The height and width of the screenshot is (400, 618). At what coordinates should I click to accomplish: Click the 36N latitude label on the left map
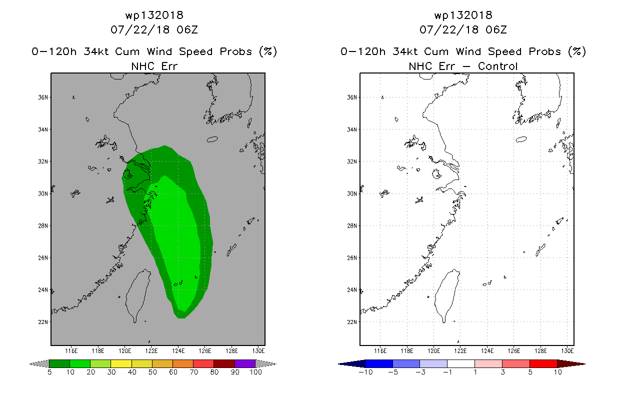(x=43, y=97)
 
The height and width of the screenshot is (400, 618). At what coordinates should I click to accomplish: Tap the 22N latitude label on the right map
(x=352, y=322)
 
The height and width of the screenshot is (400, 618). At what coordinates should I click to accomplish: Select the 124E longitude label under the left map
(x=178, y=351)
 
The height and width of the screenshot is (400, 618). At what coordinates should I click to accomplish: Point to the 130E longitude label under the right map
(x=567, y=351)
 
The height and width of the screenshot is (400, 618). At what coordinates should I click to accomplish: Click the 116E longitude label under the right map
(x=380, y=351)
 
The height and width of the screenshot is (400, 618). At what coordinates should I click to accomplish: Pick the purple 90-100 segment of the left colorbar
(x=245, y=363)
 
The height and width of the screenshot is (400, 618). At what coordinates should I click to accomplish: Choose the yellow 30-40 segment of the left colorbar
(x=121, y=363)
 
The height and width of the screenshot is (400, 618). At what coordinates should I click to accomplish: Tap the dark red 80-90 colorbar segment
(x=224, y=363)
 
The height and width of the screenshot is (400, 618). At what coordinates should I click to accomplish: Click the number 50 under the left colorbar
(x=152, y=372)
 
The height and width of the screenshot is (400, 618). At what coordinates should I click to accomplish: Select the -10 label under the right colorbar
(x=365, y=372)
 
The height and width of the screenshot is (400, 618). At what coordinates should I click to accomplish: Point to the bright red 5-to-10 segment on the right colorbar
(x=543, y=363)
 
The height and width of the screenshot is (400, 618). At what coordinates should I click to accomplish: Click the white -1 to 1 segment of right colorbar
(x=461, y=363)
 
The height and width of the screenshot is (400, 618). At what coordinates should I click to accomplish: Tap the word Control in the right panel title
(x=497, y=66)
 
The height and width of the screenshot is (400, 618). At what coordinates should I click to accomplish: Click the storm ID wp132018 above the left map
(x=154, y=15)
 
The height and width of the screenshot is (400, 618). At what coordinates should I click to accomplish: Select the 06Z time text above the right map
(x=496, y=29)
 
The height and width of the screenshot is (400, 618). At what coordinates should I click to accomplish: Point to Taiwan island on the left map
(x=136, y=295)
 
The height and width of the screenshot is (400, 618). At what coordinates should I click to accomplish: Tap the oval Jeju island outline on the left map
(x=212, y=139)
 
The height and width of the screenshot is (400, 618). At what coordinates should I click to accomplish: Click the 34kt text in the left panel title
(x=96, y=51)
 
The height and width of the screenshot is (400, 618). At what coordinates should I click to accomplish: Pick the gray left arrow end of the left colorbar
(x=39, y=364)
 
